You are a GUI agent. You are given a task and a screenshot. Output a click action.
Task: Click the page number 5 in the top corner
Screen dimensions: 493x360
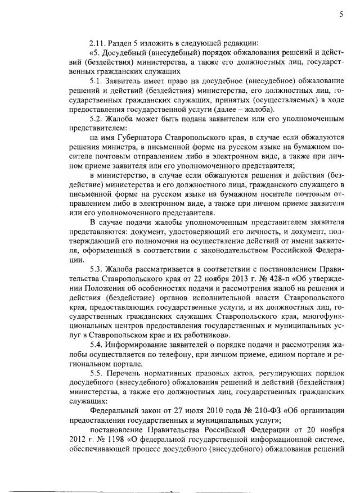click(x=340, y=15)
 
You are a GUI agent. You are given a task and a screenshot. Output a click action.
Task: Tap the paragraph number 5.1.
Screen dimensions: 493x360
click(x=96, y=84)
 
